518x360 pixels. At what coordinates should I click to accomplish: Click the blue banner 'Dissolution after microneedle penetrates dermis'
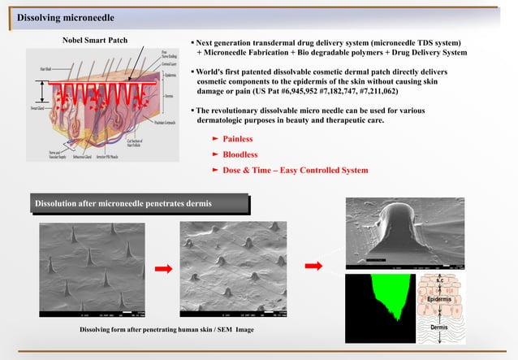pos(123,202)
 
